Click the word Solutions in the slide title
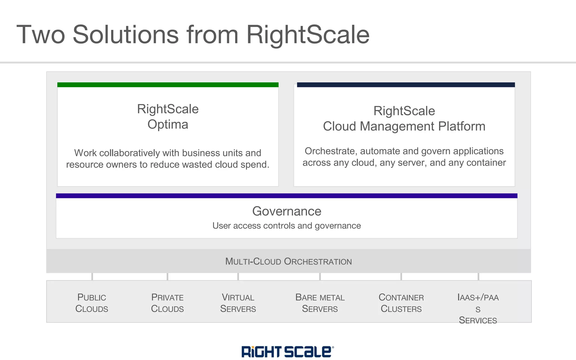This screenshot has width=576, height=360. pos(125,35)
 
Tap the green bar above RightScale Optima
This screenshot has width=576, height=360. pos(168,85)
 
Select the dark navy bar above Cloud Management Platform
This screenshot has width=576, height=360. pos(406,85)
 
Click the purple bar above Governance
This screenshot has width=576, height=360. pos(286,196)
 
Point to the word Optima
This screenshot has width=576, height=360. pos(168,124)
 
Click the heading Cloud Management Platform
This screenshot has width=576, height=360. pos(404,126)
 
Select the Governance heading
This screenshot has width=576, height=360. pos(286,211)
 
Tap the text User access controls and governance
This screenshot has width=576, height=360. pos(286,226)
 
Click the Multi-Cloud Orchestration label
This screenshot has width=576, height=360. pos(288,261)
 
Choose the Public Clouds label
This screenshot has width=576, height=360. pos(92,303)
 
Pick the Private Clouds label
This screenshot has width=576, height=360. pos(167,303)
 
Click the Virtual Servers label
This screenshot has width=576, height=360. pos(238,303)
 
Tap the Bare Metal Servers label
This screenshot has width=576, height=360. pos(320,303)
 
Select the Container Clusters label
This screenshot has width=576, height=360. pos(401,303)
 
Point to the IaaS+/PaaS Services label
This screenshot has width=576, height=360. pos(478,309)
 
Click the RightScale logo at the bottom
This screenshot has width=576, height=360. pos(287,352)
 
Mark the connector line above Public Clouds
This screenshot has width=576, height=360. pos(92,276)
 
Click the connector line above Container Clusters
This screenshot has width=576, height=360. pos(401,276)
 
